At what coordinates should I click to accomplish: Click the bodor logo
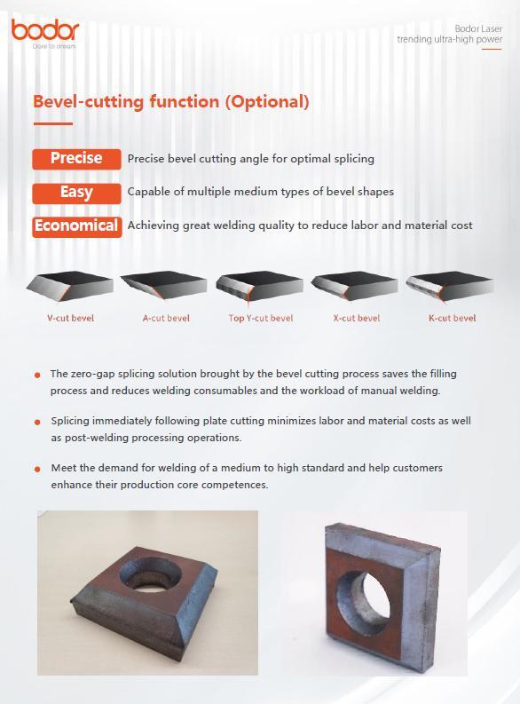point(45,33)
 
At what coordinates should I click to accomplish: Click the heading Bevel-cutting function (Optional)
point(171,101)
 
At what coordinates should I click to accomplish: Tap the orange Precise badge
point(76,159)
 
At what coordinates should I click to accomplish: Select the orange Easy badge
point(76,193)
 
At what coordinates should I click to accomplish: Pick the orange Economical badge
point(76,226)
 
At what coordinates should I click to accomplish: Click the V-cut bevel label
point(70,319)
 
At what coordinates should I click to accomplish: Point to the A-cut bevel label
point(166,319)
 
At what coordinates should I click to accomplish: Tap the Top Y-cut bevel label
point(260,319)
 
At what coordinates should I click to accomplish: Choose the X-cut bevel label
point(356,319)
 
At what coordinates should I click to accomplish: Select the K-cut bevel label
point(452,319)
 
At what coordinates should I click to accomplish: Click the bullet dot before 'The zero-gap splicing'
point(37,375)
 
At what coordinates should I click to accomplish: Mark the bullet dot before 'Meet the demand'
point(37,469)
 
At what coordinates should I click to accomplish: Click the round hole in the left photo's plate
point(150,574)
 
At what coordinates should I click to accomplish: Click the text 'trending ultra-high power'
point(450,40)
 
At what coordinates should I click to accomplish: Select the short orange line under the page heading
point(53,123)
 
